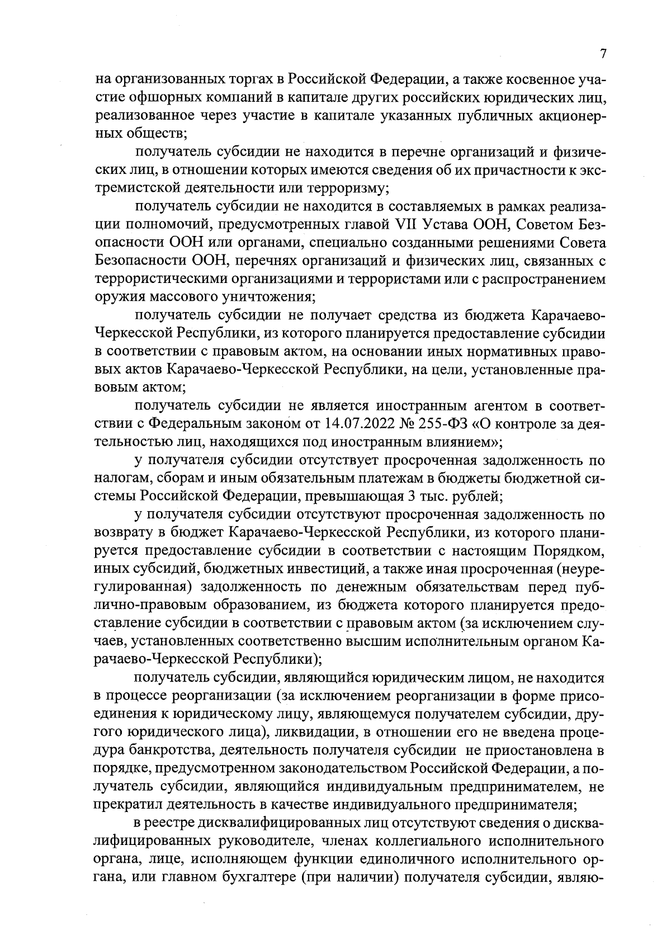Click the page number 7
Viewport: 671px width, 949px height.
pyautogui.click(x=603, y=54)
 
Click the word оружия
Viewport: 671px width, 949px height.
pyautogui.click(x=115, y=296)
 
